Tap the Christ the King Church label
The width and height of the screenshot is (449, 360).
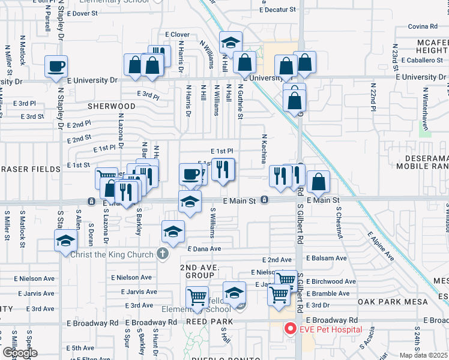click(x=113, y=254)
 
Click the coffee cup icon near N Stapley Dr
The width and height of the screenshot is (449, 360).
click(x=56, y=66)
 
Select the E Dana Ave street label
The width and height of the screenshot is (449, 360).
click(x=205, y=248)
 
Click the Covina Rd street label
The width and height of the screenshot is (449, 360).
click(x=423, y=26)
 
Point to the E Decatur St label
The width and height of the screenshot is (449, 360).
click(x=278, y=10)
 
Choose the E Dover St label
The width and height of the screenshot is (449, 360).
click(x=83, y=13)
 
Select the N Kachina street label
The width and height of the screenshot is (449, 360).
click(x=263, y=148)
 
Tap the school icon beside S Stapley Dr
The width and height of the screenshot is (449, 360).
click(x=65, y=241)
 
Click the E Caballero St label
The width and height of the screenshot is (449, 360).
click(x=421, y=60)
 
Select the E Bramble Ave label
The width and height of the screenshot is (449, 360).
click(x=327, y=293)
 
